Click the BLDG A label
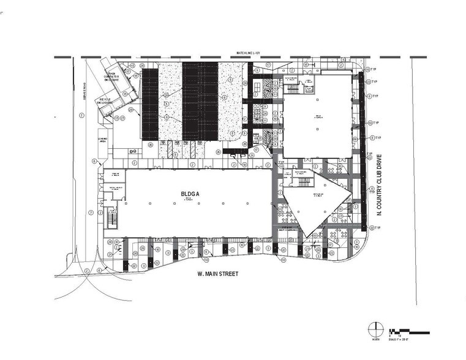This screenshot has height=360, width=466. click(189, 195)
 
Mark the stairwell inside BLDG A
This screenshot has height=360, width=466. click(111, 219)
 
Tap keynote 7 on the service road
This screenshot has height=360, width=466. click(90, 212)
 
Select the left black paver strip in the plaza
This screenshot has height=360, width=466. click(150, 104)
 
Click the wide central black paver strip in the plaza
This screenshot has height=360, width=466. click(200, 101)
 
